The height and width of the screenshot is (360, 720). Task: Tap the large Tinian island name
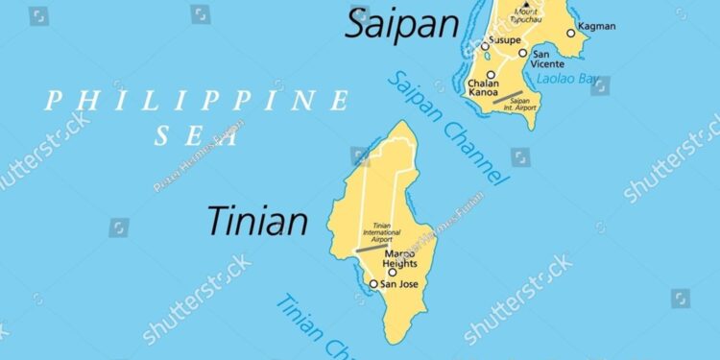tap(257, 221)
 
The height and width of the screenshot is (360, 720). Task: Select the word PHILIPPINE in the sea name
tap(198, 100)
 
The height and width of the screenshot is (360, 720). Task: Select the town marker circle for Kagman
tap(570, 33)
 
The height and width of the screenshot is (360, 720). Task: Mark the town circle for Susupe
tap(486, 45)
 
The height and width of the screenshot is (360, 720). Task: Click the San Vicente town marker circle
tap(523, 53)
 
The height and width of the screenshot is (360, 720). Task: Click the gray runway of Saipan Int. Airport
tap(508, 96)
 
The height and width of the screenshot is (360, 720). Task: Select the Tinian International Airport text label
tap(382, 233)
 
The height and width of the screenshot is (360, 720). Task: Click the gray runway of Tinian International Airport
tap(371, 248)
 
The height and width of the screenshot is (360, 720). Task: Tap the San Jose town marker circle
tap(373, 283)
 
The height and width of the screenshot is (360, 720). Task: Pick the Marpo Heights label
tap(400, 258)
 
